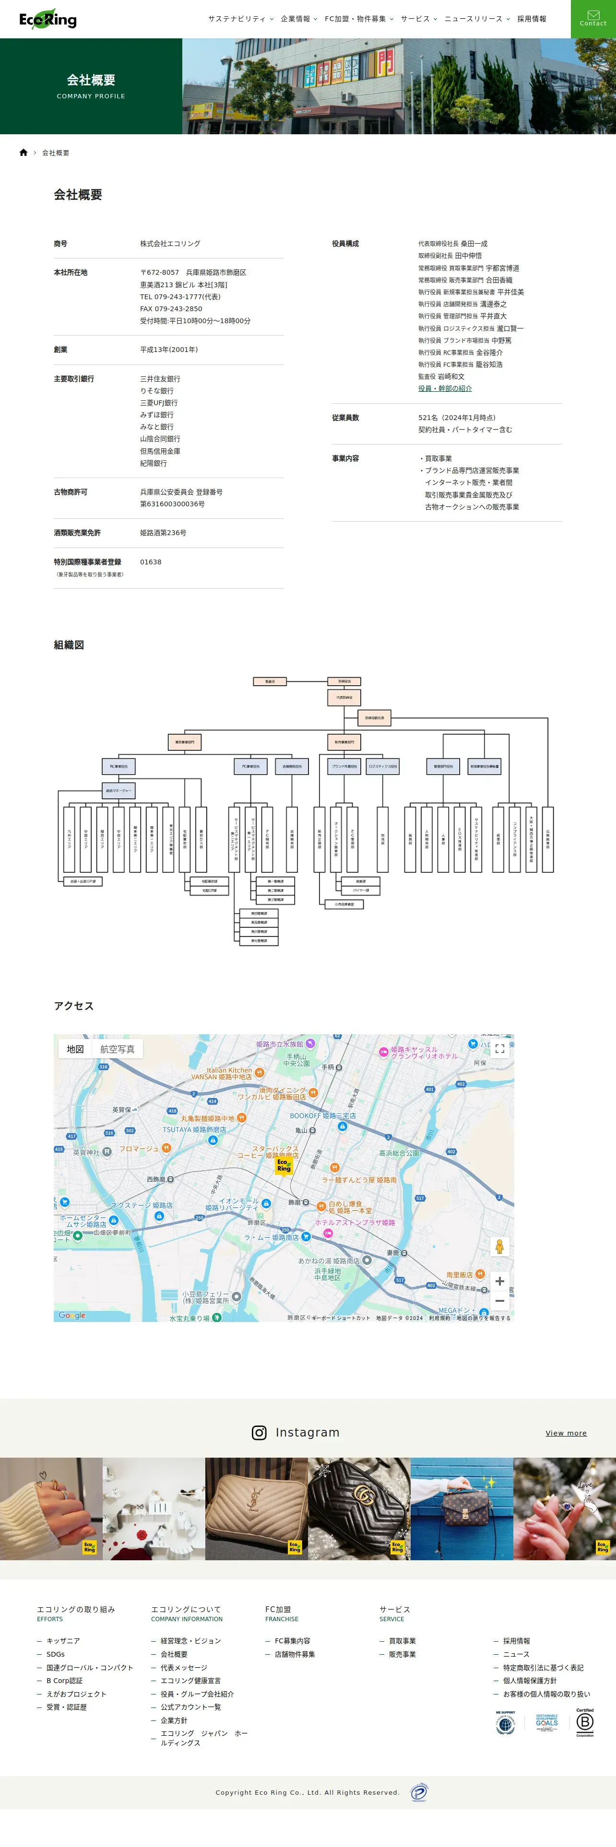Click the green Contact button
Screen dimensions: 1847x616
[x=593, y=19]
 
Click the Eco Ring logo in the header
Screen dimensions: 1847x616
[x=48, y=19]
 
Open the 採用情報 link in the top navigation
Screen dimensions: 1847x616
[x=532, y=19]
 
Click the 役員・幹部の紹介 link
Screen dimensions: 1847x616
[x=445, y=388]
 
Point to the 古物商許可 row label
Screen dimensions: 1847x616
[x=70, y=492]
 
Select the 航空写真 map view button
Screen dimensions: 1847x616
[x=117, y=1049]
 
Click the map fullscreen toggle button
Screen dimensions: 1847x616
[x=500, y=1048]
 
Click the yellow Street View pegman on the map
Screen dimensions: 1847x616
[x=500, y=1246]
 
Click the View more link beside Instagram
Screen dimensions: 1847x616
[x=566, y=1433]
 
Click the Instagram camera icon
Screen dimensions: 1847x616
[x=260, y=1433]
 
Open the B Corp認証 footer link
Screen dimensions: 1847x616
[x=65, y=1681]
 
